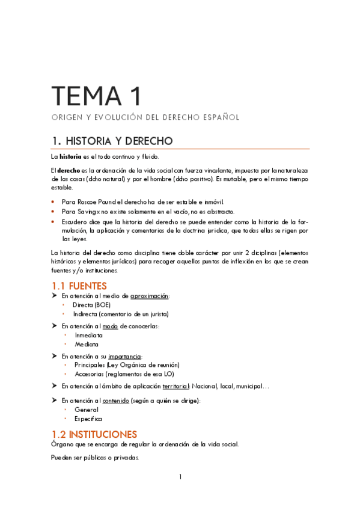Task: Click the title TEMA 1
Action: click(x=96, y=96)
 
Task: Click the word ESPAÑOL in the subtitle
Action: click(x=219, y=117)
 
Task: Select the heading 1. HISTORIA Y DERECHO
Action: click(x=112, y=141)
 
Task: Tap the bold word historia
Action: click(x=70, y=156)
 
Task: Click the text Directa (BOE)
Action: click(x=91, y=305)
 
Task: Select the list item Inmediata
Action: click(x=88, y=335)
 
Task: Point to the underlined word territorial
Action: click(x=171, y=386)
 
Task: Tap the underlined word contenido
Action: click(x=116, y=401)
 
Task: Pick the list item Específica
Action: click(x=88, y=419)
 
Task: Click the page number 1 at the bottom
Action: click(x=180, y=477)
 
